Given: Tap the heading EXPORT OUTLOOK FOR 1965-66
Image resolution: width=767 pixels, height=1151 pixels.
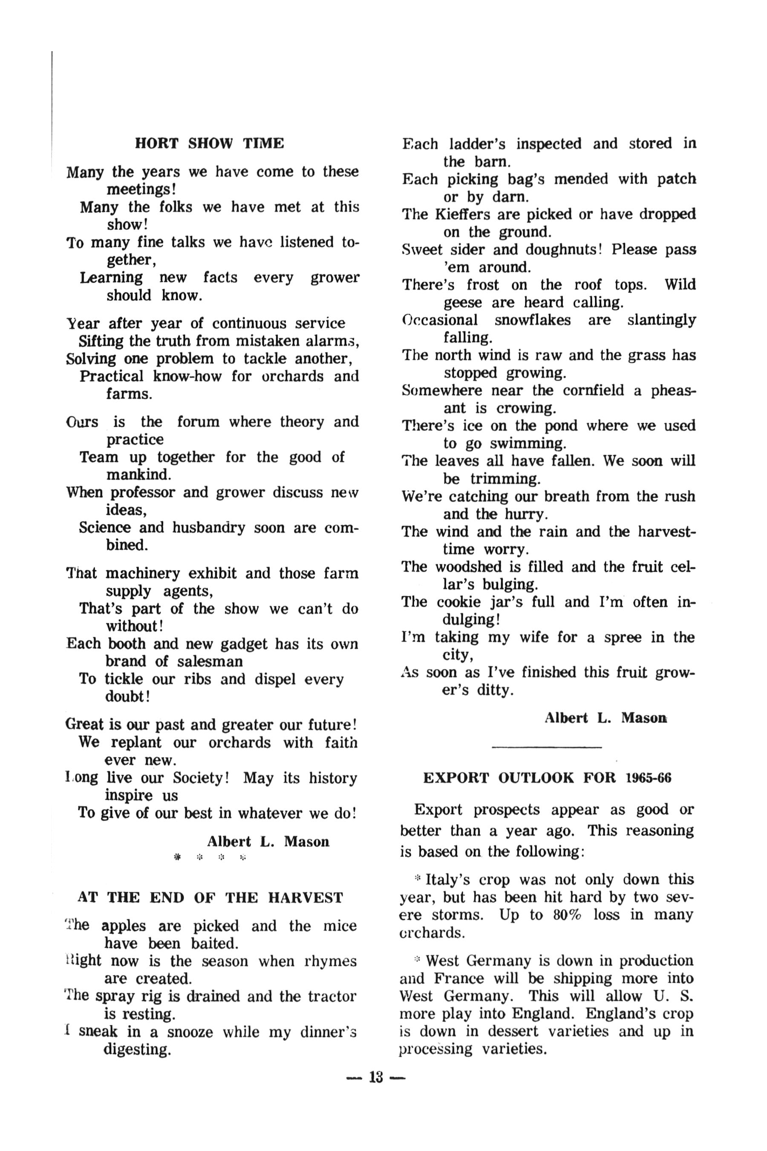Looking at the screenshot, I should (x=547, y=778).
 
